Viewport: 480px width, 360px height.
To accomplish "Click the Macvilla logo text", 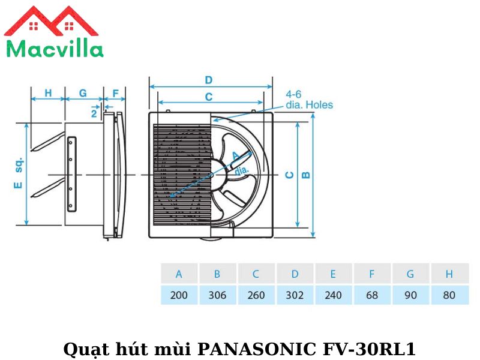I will [x=54, y=47].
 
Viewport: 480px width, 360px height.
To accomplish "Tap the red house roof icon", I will [x=51, y=22].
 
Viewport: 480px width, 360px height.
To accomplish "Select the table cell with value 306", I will [x=217, y=295].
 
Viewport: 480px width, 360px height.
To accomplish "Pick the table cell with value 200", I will [x=179, y=295].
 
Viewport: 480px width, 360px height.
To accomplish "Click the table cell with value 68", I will [x=371, y=295].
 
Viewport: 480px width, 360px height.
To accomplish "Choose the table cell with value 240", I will [x=333, y=295].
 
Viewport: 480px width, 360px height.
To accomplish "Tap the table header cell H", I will [x=449, y=274].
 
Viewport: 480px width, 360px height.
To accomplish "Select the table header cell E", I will [x=333, y=274].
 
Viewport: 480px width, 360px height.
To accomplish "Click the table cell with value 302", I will [x=295, y=295].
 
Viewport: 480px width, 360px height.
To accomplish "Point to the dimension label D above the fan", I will [x=209, y=80].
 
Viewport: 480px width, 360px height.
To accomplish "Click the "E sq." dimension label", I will [x=18, y=175].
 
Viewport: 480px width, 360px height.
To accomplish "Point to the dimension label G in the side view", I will [x=83, y=94].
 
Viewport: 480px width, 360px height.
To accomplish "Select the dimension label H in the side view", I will [x=48, y=94].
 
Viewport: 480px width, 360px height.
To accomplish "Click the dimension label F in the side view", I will [x=115, y=94].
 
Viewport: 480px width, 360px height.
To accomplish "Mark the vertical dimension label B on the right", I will [x=305, y=175].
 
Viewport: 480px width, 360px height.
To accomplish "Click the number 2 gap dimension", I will [x=94, y=112].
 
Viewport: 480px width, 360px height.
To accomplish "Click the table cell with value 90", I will [x=410, y=295].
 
